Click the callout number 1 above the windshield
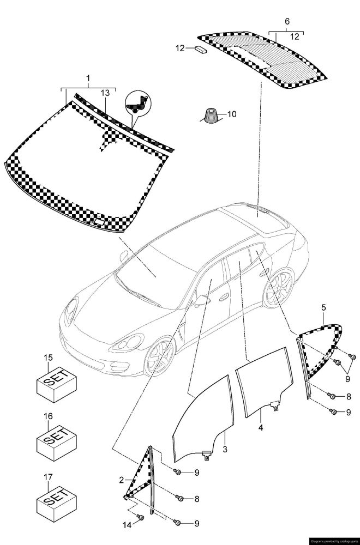tap(88, 79)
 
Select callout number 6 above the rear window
tap(287, 21)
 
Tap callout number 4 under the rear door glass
tap(261, 428)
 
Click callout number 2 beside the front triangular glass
tap(122, 480)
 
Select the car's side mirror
tap(203, 299)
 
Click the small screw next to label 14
tap(140, 516)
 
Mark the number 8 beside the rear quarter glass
tap(349, 396)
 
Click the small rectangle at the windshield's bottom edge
tap(100, 221)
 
